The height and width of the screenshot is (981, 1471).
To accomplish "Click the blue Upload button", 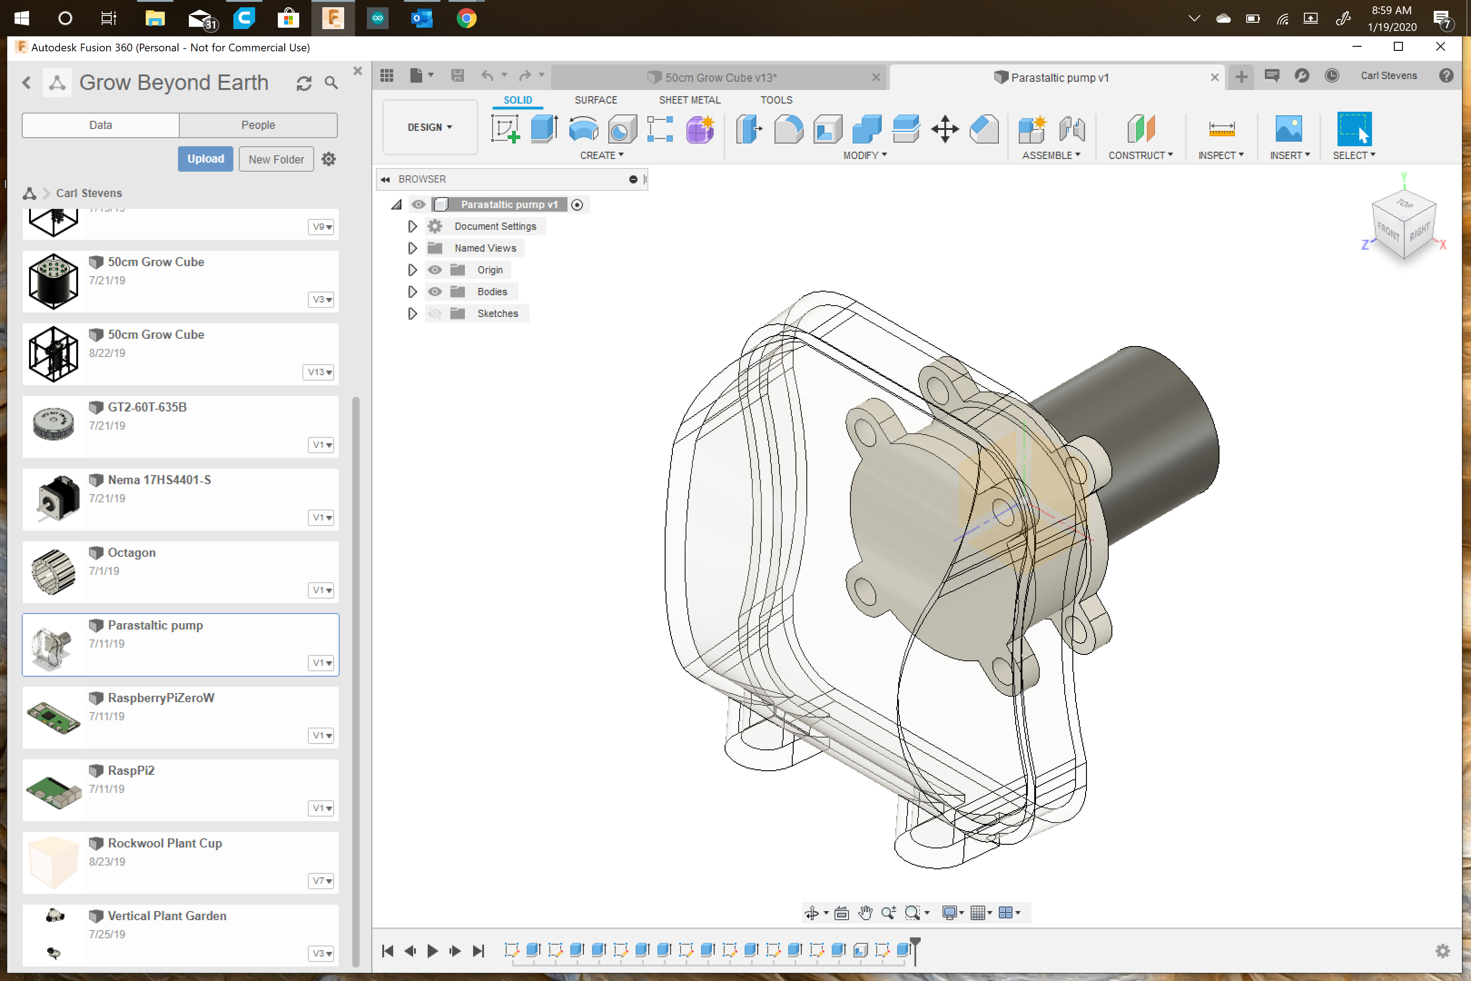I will [205, 159].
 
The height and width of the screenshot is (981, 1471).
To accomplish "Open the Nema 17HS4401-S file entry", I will [159, 480].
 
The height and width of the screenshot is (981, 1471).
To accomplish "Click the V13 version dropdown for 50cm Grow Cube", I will [319, 372].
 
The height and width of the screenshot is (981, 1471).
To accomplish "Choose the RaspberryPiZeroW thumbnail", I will [54, 717].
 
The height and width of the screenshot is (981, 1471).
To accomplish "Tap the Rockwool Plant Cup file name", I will [164, 843].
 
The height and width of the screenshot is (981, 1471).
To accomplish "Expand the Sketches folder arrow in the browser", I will [412, 313].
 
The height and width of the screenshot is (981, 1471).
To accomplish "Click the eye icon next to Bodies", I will [434, 292].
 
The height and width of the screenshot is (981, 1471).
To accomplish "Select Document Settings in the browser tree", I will [495, 227].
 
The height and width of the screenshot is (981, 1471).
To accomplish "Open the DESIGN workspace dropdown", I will [429, 127].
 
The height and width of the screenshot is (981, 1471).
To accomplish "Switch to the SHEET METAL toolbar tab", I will [689, 100].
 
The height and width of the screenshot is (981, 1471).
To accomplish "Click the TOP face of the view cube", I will [1404, 204].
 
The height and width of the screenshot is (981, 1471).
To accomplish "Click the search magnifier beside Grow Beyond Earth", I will [331, 83].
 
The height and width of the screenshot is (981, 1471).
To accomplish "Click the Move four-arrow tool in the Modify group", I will [944, 129].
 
